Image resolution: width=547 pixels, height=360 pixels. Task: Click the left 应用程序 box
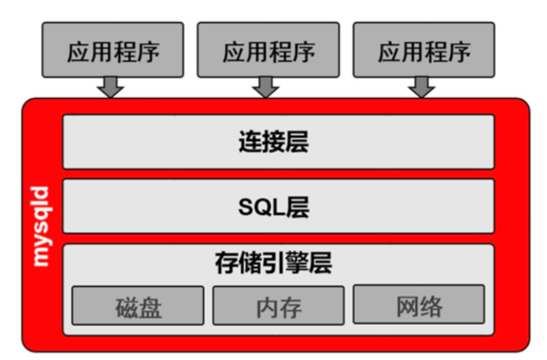113,50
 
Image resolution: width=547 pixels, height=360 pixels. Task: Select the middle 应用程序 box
268,50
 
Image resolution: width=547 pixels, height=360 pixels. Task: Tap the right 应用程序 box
424,50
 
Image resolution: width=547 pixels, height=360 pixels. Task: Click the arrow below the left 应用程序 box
111,87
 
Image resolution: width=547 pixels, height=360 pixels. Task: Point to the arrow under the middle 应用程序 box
266,87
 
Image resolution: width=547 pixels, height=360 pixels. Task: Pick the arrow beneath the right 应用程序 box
421,87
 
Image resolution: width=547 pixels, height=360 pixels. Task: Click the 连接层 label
273,142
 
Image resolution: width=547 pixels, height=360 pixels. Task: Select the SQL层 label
273,207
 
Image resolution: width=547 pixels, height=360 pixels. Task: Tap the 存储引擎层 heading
273,263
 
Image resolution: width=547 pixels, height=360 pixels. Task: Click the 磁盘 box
138,306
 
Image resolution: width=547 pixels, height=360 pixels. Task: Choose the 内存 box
278,306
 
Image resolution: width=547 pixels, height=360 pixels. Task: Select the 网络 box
419,305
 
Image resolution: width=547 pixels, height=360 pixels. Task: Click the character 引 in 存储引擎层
273,263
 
